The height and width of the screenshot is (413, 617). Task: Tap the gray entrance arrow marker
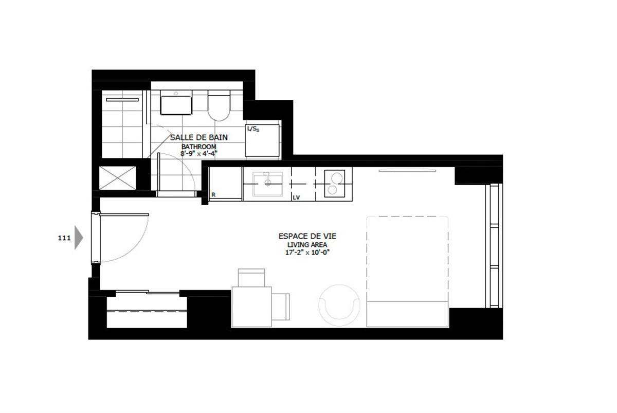point(78,238)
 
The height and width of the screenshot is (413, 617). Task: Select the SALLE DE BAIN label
point(199,138)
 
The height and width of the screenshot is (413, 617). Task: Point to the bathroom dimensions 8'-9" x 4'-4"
point(199,153)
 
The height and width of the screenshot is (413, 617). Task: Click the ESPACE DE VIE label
point(307,236)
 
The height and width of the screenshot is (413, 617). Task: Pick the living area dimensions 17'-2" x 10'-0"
point(307,252)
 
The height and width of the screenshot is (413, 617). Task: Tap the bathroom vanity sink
point(176,103)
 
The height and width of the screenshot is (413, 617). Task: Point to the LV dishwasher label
point(296,197)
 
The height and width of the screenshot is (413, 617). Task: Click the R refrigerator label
point(213,195)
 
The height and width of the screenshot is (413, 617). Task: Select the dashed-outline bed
point(407,271)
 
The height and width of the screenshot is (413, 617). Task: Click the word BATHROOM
point(199,146)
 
